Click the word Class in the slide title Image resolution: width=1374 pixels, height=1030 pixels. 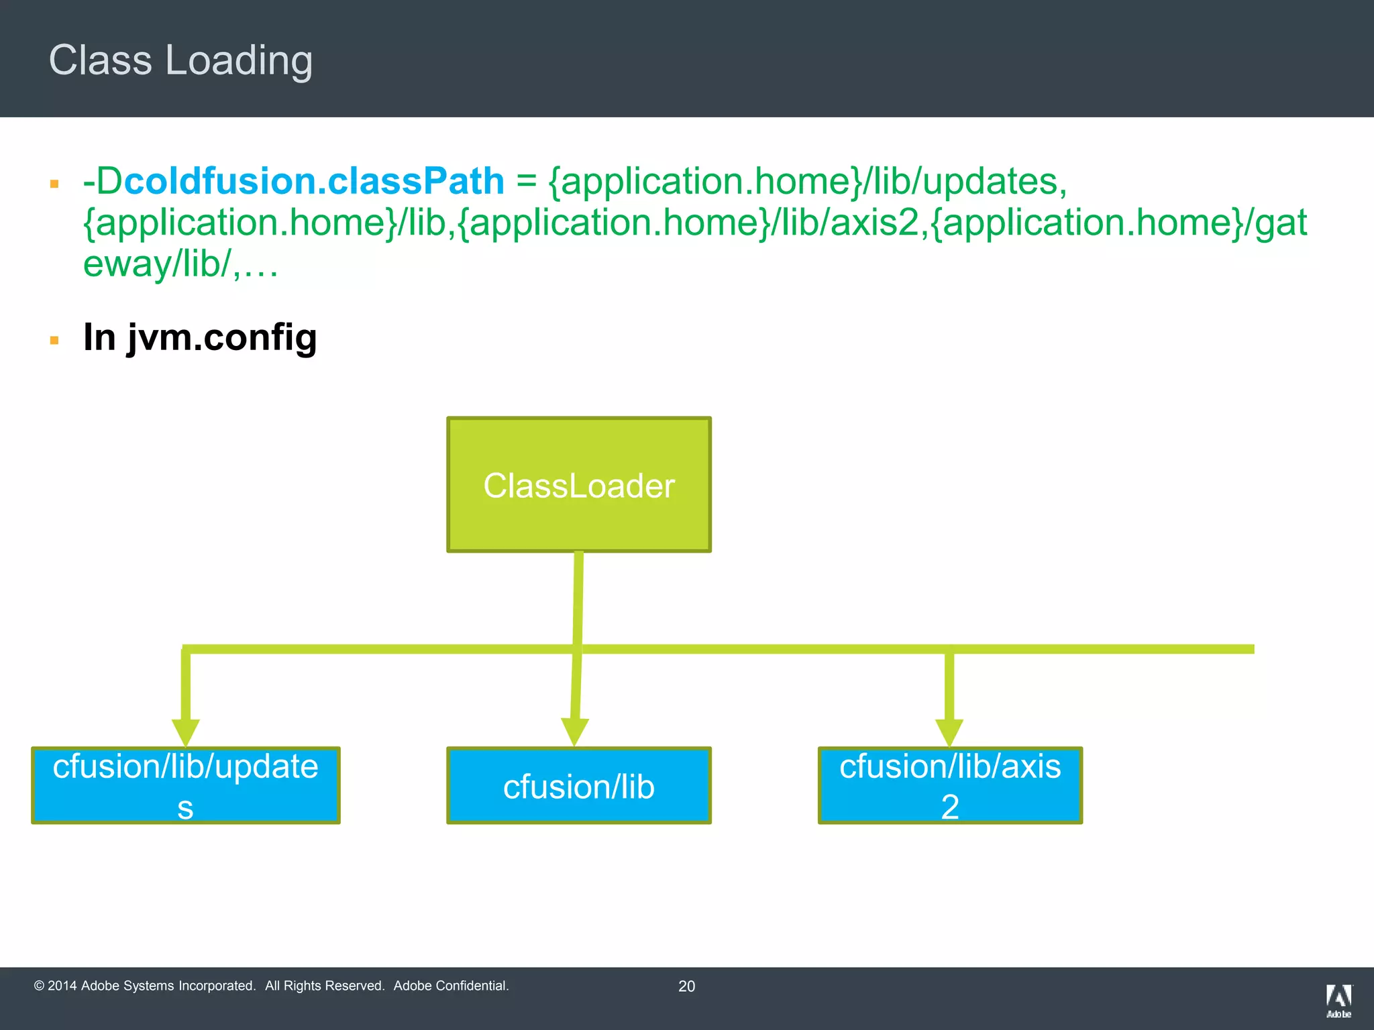(101, 60)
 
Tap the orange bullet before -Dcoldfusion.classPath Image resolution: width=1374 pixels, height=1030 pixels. (54, 184)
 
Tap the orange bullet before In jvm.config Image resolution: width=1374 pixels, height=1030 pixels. (54, 341)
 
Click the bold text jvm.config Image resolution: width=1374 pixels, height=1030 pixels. (221, 337)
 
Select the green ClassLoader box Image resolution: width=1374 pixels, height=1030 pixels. (578, 485)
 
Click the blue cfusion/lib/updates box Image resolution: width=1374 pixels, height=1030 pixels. (185, 785)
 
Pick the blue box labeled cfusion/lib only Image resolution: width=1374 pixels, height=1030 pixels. (578, 785)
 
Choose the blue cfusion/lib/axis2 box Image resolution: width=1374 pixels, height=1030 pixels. (949, 785)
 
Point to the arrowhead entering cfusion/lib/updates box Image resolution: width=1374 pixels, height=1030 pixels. (185, 732)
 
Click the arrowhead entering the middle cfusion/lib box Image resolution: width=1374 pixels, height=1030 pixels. (574, 732)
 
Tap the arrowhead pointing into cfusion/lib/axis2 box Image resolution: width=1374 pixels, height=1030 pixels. (949, 732)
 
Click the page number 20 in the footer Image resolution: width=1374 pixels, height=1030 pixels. (686, 986)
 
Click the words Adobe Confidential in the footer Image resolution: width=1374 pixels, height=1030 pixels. (451, 986)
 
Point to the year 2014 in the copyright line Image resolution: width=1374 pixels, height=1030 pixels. (62, 986)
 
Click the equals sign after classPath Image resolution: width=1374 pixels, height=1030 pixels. (527, 182)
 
